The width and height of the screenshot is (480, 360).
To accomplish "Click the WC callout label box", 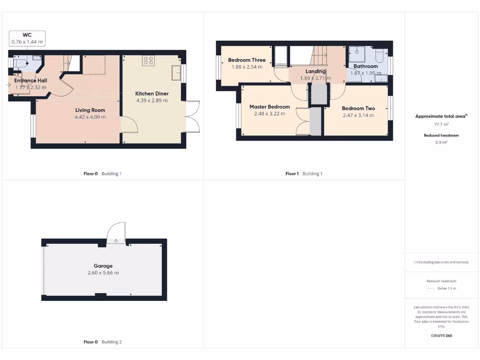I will pyautogui.click(x=27, y=38).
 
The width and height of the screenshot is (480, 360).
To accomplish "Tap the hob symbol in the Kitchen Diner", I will pyautogui.click(x=149, y=60).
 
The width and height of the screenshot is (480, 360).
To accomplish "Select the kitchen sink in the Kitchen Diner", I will pyautogui.click(x=177, y=73).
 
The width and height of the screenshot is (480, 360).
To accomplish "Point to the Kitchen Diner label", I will pyautogui.click(x=152, y=94).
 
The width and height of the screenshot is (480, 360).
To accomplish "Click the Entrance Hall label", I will pyautogui.click(x=30, y=81).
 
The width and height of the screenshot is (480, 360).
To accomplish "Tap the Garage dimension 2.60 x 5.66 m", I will pyautogui.click(x=103, y=273).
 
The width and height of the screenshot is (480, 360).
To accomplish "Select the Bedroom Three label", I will pyautogui.click(x=247, y=60).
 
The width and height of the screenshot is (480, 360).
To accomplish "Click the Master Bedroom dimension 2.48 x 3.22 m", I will pyautogui.click(x=270, y=114).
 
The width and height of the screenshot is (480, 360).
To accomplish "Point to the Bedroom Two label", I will pyautogui.click(x=358, y=108).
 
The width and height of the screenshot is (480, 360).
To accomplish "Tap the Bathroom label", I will pyautogui.click(x=366, y=67).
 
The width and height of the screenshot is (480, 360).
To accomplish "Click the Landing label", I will pyautogui.click(x=315, y=71).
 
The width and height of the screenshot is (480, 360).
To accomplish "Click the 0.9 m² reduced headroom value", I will pyautogui.click(x=442, y=142).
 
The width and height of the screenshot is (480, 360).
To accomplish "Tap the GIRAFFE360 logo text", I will pyautogui.click(x=442, y=336).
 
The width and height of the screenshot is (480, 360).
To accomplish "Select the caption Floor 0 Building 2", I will pyautogui.click(x=102, y=342).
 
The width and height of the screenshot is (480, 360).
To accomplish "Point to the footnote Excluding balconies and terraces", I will pyautogui.click(x=442, y=262).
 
